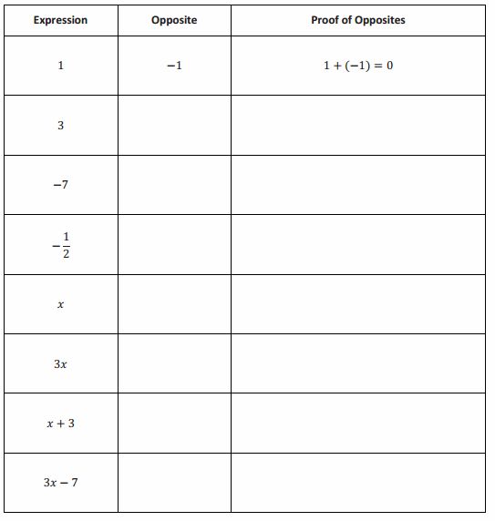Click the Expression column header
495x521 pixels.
tap(60, 20)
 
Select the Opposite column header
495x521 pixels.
tap(174, 20)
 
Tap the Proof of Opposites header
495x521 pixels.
tap(358, 20)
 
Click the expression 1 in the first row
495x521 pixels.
tap(60, 66)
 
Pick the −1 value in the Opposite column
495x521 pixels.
tap(174, 66)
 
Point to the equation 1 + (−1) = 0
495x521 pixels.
tap(358, 66)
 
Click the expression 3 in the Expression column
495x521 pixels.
tap(60, 126)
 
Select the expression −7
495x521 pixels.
tap(60, 185)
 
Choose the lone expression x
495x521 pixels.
tap(60, 305)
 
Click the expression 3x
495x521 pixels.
tap(60, 363)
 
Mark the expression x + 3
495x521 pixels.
tap(60, 423)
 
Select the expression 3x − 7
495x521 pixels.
tap(60, 482)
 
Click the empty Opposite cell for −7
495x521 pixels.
tap(174, 185)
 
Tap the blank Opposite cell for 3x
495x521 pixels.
tap(174, 363)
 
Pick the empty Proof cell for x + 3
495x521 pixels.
tap(358, 423)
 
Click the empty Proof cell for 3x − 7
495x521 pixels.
tap(358, 482)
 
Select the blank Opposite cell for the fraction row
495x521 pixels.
tap(174, 244)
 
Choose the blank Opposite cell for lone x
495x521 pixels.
tap(174, 305)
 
